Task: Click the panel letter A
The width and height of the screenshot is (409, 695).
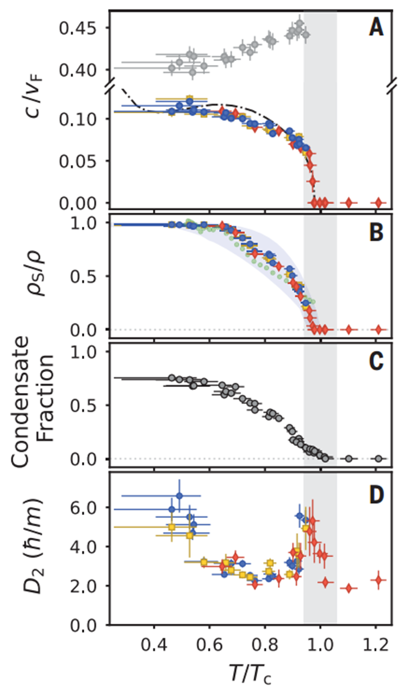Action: tap(376, 28)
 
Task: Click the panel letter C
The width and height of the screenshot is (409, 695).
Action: tap(376, 361)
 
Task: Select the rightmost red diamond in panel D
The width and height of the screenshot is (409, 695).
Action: tap(377, 580)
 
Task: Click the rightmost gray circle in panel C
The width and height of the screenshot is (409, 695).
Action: tap(377, 458)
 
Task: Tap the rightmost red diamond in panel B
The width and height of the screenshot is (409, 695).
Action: tap(377, 329)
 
